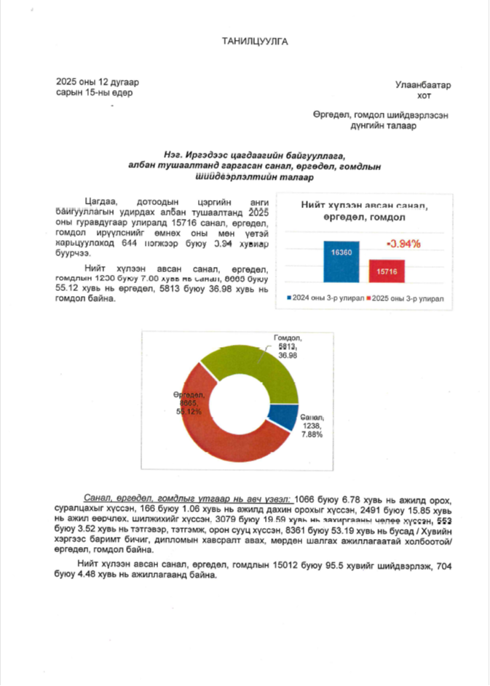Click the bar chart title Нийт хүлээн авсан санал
pyautogui.click(x=364, y=205)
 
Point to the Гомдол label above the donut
pyautogui.click(x=287, y=339)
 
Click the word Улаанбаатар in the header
pyautogui.click(x=423, y=85)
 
